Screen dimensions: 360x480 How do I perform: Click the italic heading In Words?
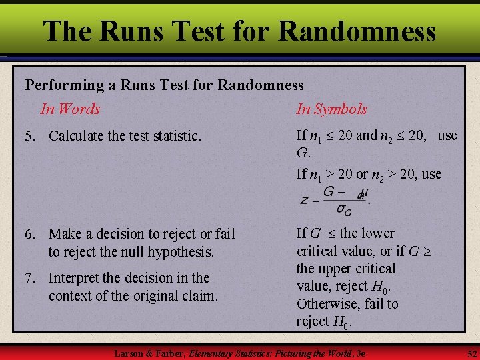pyautogui.click(x=70, y=109)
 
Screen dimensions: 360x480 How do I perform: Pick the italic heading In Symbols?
pyautogui.click(x=331, y=109)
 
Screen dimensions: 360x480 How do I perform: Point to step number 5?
pyautogui.click(x=29, y=136)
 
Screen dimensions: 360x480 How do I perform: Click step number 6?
pyautogui.click(x=29, y=234)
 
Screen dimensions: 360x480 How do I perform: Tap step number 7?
pyautogui.click(x=29, y=278)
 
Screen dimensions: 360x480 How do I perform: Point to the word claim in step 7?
pyautogui.click(x=199, y=295)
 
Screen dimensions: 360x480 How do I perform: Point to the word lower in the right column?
pyautogui.click(x=377, y=233)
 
